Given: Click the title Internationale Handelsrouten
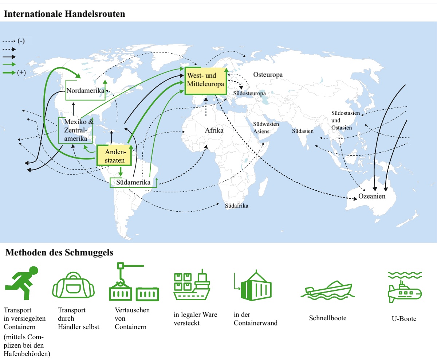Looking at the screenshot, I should (x=64, y=14).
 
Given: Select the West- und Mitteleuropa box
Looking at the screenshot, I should (x=206, y=81).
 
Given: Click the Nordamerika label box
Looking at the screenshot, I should (x=85, y=91).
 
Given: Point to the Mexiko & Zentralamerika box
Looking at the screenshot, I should (x=75, y=130).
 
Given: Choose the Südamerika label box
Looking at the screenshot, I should (x=133, y=182).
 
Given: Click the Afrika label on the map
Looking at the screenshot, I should (x=214, y=130).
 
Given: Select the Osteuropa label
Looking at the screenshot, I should (x=268, y=75).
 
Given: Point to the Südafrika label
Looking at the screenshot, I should (x=237, y=206).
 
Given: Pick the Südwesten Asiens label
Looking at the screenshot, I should (x=266, y=128).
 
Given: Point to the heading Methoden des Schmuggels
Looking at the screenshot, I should (x=59, y=253).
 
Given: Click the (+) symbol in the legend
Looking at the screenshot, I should (x=21, y=73).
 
